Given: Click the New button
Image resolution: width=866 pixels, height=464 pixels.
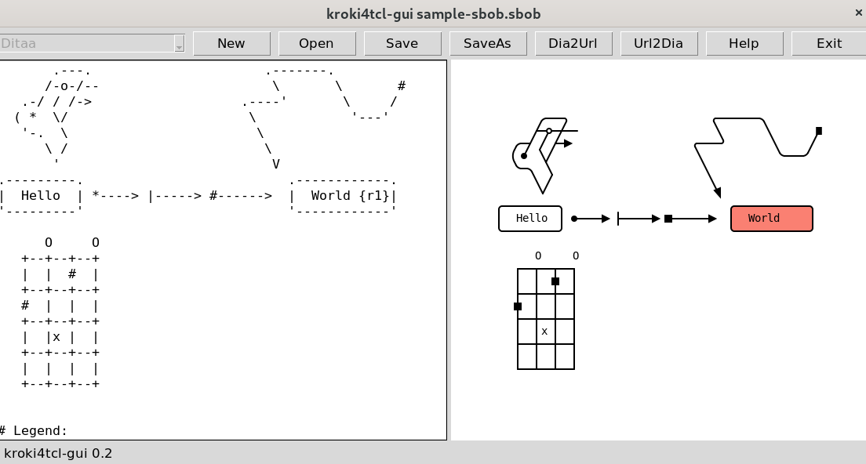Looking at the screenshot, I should pyautogui.click(x=231, y=44).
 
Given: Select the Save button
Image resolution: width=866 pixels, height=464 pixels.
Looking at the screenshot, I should pyautogui.click(x=402, y=44).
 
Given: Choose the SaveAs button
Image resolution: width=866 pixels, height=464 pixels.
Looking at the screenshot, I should pyautogui.click(x=487, y=44).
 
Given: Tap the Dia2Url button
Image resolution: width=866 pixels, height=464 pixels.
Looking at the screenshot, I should pyautogui.click(x=573, y=44).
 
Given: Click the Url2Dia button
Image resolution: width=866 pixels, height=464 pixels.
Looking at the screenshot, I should pyautogui.click(x=658, y=44).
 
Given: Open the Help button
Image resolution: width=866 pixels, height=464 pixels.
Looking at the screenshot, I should pyautogui.click(x=744, y=44).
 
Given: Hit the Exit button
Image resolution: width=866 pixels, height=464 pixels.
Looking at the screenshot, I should pyautogui.click(x=828, y=44).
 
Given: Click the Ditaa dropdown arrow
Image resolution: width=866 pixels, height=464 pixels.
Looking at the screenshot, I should pyautogui.click(x=179, y=45).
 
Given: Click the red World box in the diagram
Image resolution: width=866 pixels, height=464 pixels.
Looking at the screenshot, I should pyautogui.click(x=771, y=219).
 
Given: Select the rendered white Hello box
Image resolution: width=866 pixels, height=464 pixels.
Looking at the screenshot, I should pyautogui.click(x=530, y=219).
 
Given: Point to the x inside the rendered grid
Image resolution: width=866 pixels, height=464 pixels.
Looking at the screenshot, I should pyautogui.click(x=544, y=332).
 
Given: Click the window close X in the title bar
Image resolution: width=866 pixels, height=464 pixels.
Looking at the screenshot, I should pyautogui.click(x=857, y=13).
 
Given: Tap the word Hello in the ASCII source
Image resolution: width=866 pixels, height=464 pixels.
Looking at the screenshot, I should pyautogui.click(x=41, y=196).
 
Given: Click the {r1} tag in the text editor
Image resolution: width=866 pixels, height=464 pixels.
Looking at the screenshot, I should pyautogui.click(x=374, y=196).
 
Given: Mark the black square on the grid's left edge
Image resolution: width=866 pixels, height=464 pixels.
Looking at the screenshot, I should pyautogui.click(x=518, y=306).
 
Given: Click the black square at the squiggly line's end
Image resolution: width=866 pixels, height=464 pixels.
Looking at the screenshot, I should pyautogui.click(x=819, y=131).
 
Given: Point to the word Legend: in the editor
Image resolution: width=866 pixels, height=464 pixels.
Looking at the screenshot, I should pyautogui.click(x=41, y=430).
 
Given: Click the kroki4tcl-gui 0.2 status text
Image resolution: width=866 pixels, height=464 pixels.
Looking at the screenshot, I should pyautogui.click(x=58, y=453).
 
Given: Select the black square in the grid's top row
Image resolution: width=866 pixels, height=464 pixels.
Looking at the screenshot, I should pyautogui.click(x=555, y=281).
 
